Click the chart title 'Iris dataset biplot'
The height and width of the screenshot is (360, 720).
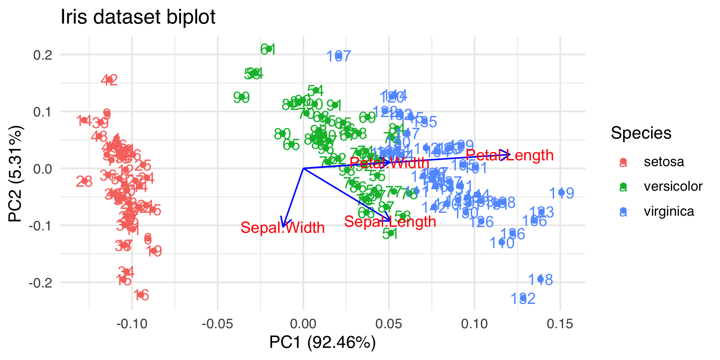pos(138,17)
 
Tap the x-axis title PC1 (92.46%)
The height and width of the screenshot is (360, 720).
pos(322,342)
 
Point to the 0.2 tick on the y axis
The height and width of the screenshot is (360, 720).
pos(43,55)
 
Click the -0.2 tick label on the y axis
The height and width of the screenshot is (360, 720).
pos(40,283)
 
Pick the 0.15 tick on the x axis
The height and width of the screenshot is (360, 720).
pos(560,324)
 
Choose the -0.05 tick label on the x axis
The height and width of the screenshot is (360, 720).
pos(217,324)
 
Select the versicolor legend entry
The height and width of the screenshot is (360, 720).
pos(673,186)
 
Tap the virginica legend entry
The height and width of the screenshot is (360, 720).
pos(669,211)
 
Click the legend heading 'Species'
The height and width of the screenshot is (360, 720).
pos(641,133)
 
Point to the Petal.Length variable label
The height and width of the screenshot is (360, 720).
pos(510,155)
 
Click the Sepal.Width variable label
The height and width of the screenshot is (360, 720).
pos(282,228)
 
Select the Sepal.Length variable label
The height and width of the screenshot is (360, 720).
pos(390,222)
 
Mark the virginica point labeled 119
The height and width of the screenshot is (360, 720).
pos(561,193)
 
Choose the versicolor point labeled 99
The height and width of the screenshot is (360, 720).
pos(241,97)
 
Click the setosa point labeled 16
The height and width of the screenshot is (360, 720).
pos(141,295)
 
